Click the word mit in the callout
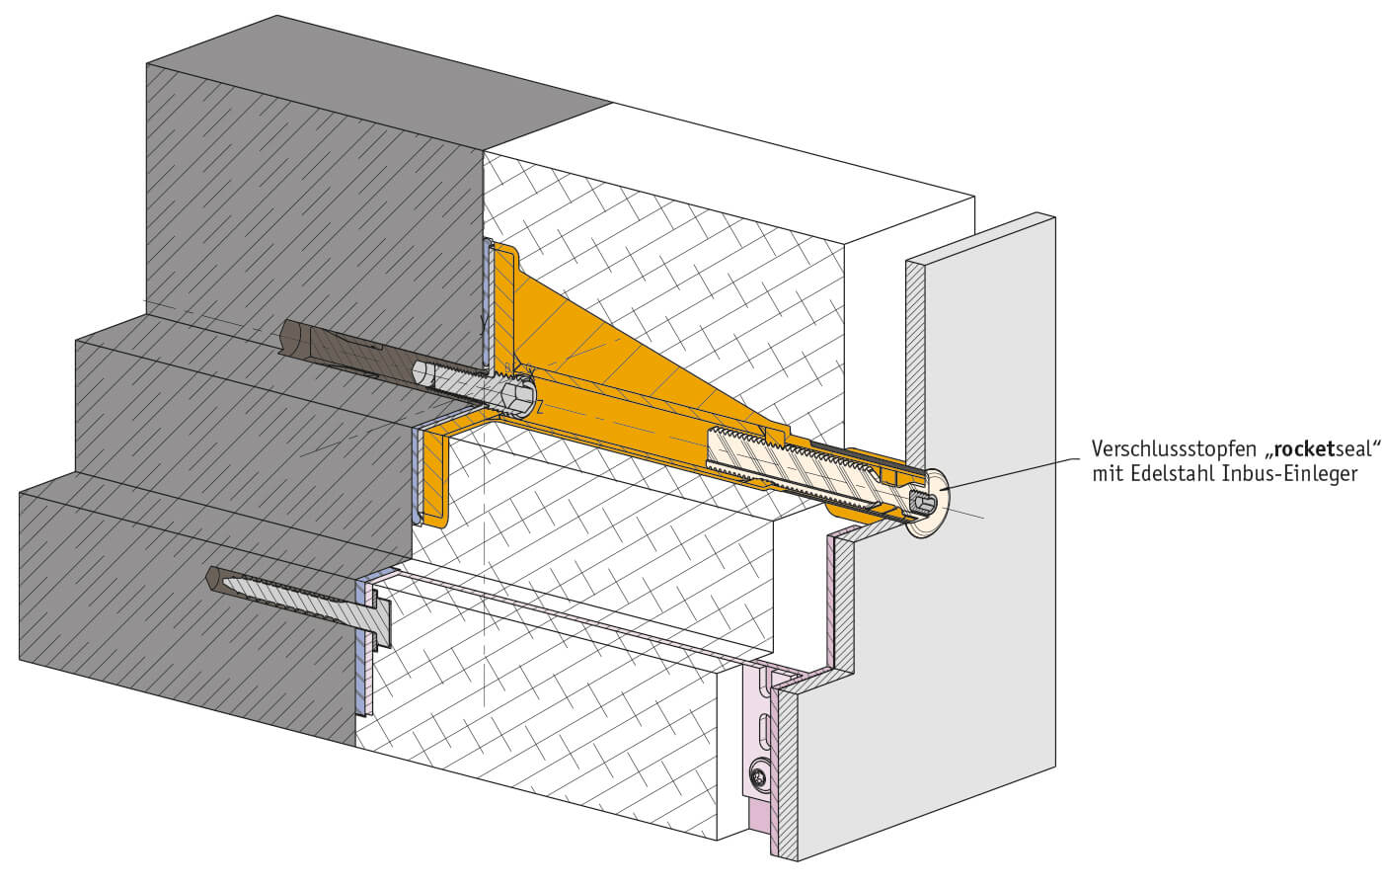pyautogui.click(x=1108, y=474)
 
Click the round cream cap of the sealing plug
pyautogui.click(x=927, y=504)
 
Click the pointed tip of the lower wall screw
pyautogui.click(x=209, y=574)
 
